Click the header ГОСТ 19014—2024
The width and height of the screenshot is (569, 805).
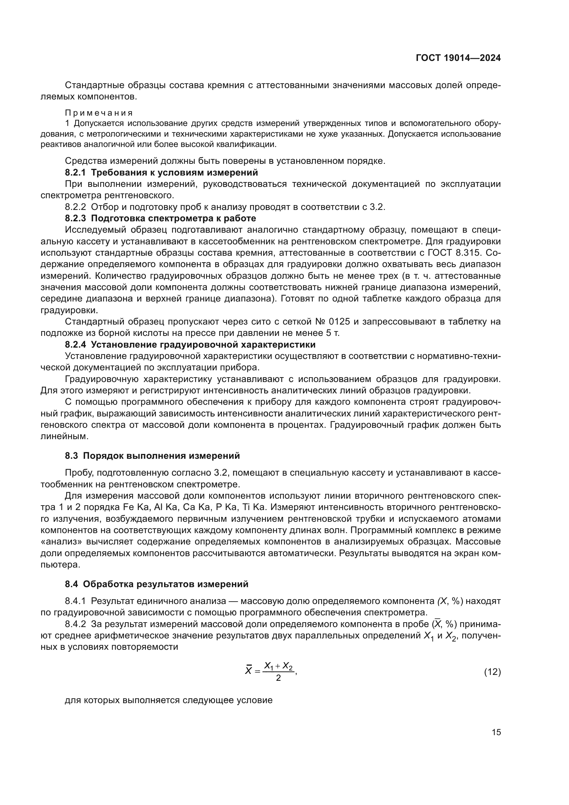[x=458, y=58]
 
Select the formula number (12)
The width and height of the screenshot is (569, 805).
[x=492, y=672]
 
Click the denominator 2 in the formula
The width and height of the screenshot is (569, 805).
[x=278, y=678]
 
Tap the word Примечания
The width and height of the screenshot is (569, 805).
[x=99, y=113]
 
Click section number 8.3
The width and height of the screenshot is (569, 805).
[x=72, y=456]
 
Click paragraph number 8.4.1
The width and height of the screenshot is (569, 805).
[x=75, y=601]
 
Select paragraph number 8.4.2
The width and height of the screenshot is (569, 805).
[x=75, y=624]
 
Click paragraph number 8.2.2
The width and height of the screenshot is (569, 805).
[x=75, y=207]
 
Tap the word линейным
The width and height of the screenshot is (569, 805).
[x=63, y=436]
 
